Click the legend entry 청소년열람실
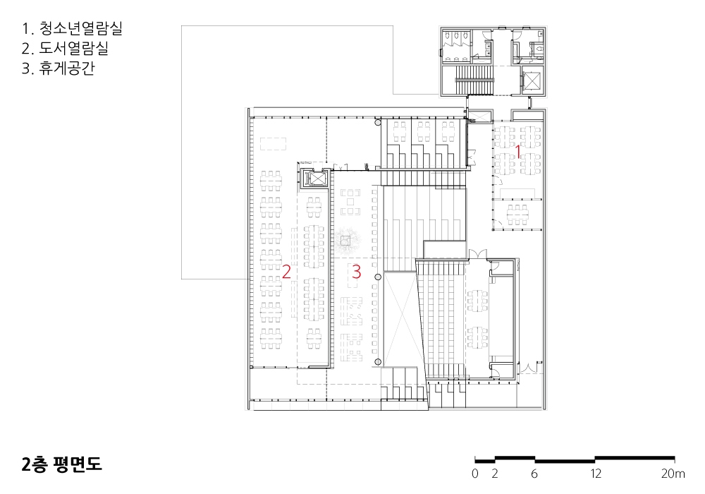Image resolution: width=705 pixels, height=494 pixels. coord(72,29)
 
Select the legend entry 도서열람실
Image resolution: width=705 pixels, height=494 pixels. coord(65,49)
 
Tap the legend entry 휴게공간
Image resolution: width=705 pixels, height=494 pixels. coord(59,68)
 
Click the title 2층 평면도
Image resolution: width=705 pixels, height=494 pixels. coord(61,464)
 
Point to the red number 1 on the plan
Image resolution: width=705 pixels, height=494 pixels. coord(517,152)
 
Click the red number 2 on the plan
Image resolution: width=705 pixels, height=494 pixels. coord(286,272)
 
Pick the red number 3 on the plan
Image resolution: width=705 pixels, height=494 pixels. coord(356,272)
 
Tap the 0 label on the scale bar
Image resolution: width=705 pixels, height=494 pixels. coord(475,474)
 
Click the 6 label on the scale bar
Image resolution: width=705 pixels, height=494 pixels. coord(534,474)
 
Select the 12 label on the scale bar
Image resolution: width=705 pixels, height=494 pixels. coord(596,474)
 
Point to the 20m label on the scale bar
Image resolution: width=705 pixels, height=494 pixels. coord(673,474)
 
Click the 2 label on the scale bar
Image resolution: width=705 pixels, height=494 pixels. coord(495,474)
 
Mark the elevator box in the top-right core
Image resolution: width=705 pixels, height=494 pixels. coord(532,81)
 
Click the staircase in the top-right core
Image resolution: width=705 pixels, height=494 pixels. coord(474,80)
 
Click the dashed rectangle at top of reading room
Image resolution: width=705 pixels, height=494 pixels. coord(273,143)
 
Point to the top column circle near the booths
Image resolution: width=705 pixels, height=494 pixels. coord(378,122)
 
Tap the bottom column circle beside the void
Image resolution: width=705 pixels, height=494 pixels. coord(378,362)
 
